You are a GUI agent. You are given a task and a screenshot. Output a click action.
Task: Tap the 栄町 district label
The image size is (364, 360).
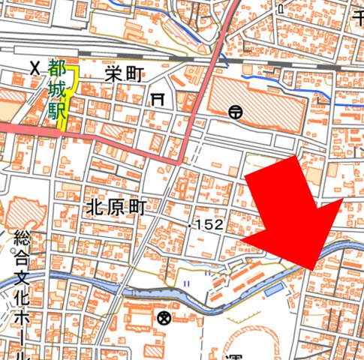124,73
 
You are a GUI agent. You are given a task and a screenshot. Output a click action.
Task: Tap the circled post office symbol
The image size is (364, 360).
236,112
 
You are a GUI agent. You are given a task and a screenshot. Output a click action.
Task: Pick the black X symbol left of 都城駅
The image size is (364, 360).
35,67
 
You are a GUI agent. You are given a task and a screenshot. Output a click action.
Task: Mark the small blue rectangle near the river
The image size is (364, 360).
274,289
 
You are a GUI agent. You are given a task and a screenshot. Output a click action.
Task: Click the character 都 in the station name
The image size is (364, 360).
58,69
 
